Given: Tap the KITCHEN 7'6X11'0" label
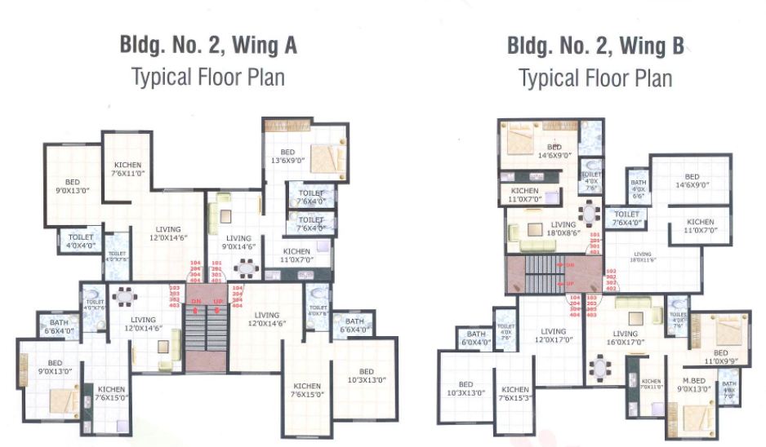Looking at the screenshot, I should pyautogui.click(x=127, y=169).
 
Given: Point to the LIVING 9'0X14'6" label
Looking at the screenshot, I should pyautogui.click(x=238, y=244).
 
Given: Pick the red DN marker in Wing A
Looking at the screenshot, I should pyautogui.click(x=195, y=303).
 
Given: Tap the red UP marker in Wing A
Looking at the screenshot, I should pyautogui.click(x=218, y=303).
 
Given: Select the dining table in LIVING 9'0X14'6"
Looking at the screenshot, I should pyautogui.click(x=244, y=267).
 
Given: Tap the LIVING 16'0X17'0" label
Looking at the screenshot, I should pyautogui.click(x=626, y=339).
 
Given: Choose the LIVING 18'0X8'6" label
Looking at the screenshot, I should pyautogui.click(x=563, y=230).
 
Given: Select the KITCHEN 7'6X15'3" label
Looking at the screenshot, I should pyautogui.click(x=516, y=394).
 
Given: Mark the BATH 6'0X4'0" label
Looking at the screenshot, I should pyautogui.click(x=475, y=339).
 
